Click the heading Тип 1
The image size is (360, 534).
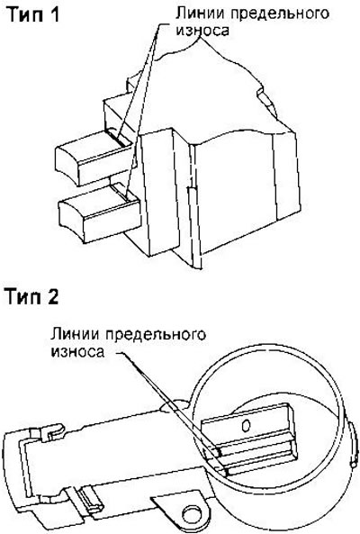(33, 14)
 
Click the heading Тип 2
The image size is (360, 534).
(31, 296)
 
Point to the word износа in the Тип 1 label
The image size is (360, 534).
(202, 31)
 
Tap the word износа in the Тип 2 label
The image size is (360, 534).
(77, 351)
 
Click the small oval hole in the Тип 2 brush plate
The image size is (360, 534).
(246, 425)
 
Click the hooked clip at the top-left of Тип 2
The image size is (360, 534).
(54, 430)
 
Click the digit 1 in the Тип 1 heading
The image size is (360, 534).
(53, 14)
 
